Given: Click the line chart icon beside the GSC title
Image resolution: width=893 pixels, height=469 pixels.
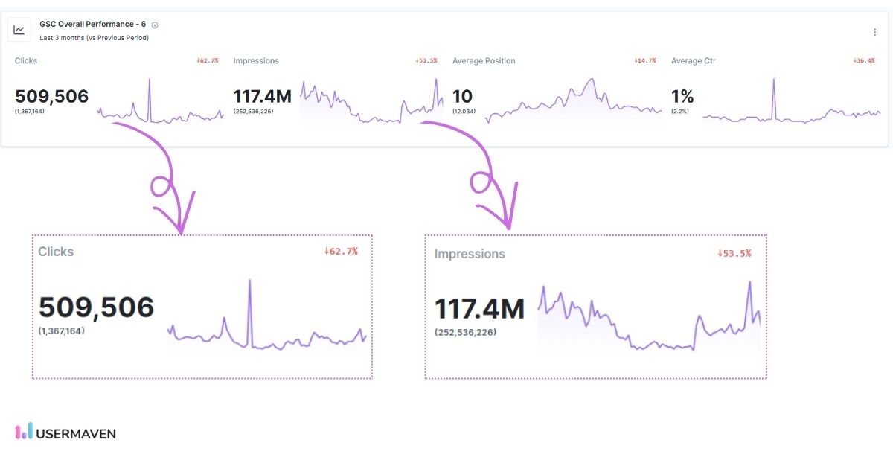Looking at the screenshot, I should pyautogui.click(x=19, y=30).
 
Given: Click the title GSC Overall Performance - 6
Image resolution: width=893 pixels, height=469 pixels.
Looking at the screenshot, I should pyautogui.click(x=92, y=24).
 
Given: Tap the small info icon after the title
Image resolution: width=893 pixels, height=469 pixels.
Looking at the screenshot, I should pyautogui.click(x=155, y=25).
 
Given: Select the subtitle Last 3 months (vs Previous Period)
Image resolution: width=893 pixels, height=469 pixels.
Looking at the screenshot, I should pyautogui.click(x=94, y=38).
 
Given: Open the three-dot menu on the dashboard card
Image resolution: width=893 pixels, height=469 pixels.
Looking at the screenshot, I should pyautogui.click(x=874, y=32).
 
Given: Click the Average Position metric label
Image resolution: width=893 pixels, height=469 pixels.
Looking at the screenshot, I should pyautogui.click(x=484, y=61).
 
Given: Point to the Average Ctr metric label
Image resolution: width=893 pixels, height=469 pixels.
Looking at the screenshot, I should pyautogui.click(x=694, y=61).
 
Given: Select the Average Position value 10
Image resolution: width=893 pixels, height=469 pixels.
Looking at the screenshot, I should pyautogui.click(x=462, y=96).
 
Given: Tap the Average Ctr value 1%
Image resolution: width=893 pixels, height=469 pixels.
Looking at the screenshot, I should pyautogui.click(x=682, y=96).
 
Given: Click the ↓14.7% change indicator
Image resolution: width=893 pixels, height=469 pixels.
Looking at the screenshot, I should pyautogui.click(x=644, y=60).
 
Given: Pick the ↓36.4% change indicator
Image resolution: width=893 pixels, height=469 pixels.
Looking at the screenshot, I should pyautogui.click(x=863, y=60).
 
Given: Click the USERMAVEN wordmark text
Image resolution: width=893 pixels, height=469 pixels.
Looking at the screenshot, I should pyautogui.click(x=76, y=433).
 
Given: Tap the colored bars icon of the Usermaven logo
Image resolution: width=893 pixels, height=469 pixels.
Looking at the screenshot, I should pyautogui.click(x=24, y=431).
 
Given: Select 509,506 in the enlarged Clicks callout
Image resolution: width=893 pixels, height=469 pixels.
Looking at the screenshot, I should pyautogui.click(x=96, y=307).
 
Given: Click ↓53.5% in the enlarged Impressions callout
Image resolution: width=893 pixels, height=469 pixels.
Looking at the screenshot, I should pyautogui.click(x=734, y=253).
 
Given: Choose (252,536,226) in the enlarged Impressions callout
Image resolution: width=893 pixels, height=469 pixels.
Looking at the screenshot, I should pyautogui.click(x=465, y=332).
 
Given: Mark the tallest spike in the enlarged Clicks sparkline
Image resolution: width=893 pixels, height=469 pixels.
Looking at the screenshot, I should pyautogui.click(x=249, y=281).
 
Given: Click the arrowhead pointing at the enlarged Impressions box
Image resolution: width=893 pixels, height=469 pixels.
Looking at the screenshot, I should pyautogui.click(x=509, y=222).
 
